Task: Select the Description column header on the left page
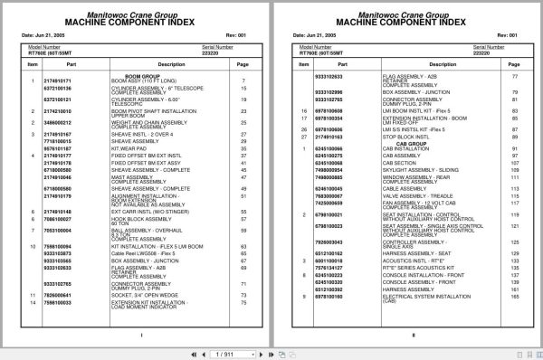click(x=146, y=65)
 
